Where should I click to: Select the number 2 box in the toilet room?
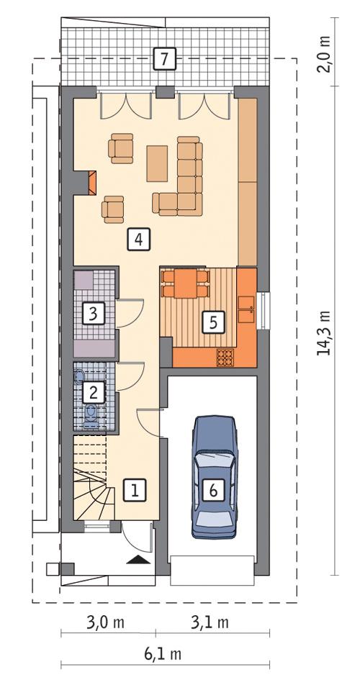[92, 391]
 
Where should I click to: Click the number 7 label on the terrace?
[165, 59]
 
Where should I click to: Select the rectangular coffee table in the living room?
[157, 163]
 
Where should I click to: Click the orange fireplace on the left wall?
[90, 183]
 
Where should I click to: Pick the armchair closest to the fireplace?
[113, 208]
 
